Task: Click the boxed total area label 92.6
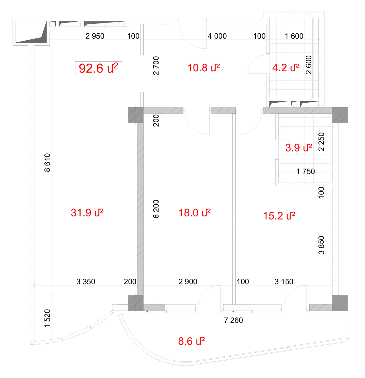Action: (x=98, y=68)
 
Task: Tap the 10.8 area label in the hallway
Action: (x=203, y=68)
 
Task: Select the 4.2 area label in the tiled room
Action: (x=286, y=68)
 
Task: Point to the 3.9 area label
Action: (x=298, y=148)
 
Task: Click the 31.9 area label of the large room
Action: (x=87, y=212)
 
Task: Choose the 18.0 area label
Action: (x=194, y=213)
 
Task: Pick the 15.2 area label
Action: (x=279, y=216)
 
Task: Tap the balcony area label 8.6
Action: (x=191, y=341)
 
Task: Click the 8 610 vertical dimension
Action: (x=47, y=162)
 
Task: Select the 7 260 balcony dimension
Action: (x=233, y=320)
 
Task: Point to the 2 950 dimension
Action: (x=95, y=36)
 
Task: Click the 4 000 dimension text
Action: (x=217, y=36)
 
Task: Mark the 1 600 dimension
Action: (x=294, y=36)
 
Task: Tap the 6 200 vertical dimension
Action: (x=156, y=209)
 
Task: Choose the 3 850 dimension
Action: (x=321, y=245)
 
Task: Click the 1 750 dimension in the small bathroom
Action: (x=306, y=172)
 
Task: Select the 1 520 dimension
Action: (x=47, y=318)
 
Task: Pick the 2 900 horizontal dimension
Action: (x=188, y=282)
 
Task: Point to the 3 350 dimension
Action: (x=86, y=282)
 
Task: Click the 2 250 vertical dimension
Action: (x=321, y=142)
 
